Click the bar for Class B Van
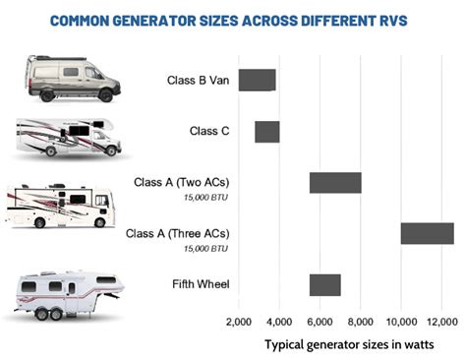[257, 80]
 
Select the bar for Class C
[267, 131]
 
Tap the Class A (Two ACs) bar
[335, 182]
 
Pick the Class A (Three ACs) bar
[427, 233]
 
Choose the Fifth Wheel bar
[324, 284]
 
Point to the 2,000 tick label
[239, 322]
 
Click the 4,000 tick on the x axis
[279, 322]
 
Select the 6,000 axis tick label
[320, 322]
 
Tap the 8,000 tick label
[361, 322]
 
